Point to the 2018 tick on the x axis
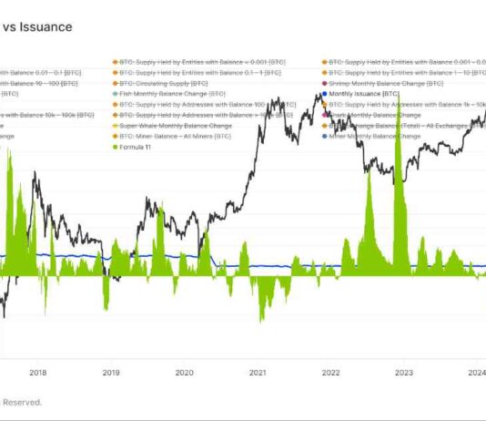click(x=37, y=371)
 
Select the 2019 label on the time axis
click(x=111, y=371)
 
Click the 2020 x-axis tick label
click(x=184, y=371)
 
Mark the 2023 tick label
click(x=402, y=371)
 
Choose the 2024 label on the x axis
click(x=474, y=371)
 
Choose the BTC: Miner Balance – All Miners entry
click(x=164, y=136)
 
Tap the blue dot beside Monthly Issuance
click(x=325, y=94)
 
